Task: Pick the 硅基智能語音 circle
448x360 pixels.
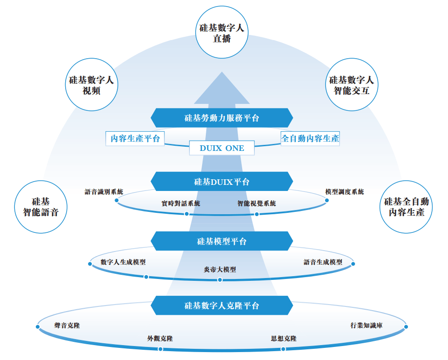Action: pyautogui.click(x=41, y=207)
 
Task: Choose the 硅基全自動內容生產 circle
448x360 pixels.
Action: pyautogui.click(x=407, y=207)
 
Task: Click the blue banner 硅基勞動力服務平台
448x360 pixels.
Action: pyautogui.click(x=222, y=118)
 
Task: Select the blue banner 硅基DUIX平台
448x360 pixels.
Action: pyautogui.click(x=222, y=182)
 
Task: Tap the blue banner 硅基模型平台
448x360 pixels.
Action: pyautogui.click(x=222, y=241)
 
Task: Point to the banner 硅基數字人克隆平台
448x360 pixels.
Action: pyautogui.click(x=222, y=306)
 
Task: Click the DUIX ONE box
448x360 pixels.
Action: pyautogui.click(x=222, y=148)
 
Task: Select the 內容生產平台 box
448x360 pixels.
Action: pyautogui.click(x=135, y=138)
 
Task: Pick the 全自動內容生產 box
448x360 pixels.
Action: pyautogui.click(x=310, y=138)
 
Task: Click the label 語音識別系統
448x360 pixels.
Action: pyautogui.click(x=104, y=191)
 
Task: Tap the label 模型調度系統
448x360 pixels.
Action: pyautogui.click(x=345, y=191)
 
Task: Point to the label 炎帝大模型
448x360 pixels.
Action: pyautogui.click(x=220, y=269)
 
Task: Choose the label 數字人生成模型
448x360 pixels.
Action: pyautogui.click(x=123, y=262)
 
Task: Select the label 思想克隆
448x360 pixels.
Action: pyautogui.click(x=284, y=339)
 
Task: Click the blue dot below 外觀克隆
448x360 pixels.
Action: pyautogui.click(x=160, y=349)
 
